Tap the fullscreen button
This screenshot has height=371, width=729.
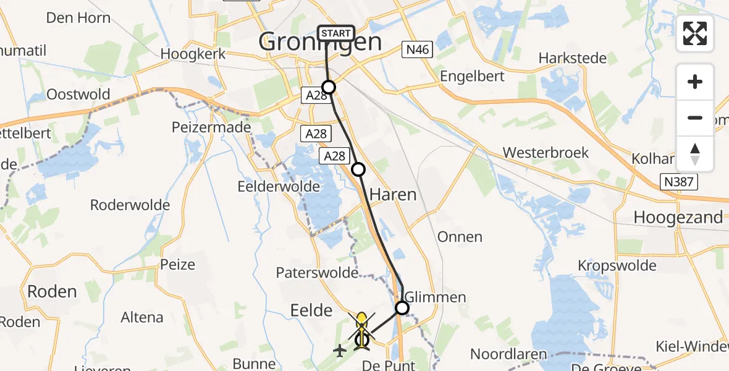coord(695,33)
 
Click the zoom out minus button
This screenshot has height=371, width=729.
coord(695,117)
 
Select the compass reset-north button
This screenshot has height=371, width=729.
coord(695,154)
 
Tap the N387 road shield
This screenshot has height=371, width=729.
coord(678,182)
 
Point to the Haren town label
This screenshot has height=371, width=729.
coord(393,195)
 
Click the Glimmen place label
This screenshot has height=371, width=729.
coord(435,297)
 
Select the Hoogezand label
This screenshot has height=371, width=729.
coord(678,218)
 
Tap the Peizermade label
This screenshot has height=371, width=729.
coord(211,127)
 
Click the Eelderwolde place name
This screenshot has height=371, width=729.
coord(279,186)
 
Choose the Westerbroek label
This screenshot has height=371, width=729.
coord(546,153)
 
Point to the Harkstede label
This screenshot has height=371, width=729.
coord(572,58)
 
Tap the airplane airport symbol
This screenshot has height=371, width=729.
coord(339,351)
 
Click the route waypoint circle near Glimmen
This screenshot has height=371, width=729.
coord(402,307)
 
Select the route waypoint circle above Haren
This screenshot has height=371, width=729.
coord(358,169)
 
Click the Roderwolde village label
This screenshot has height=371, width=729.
coord(130,205)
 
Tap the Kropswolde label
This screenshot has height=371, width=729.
coord(617,265)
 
